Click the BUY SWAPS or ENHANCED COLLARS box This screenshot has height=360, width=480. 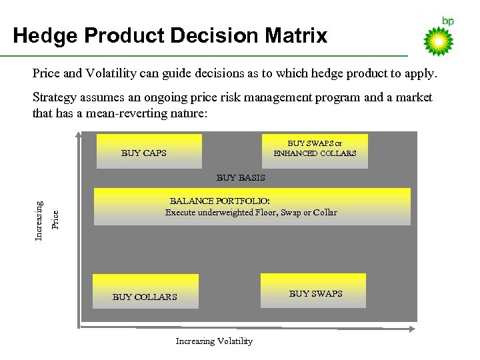click(315, 149)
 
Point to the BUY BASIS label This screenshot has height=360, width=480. click(241, 178)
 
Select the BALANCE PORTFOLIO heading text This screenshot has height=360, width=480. click(220, 201)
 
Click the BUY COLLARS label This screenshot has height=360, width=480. click(145, 297)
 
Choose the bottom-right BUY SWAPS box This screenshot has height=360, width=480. click(313, 291)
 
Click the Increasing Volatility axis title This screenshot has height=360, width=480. click(214, 341)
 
